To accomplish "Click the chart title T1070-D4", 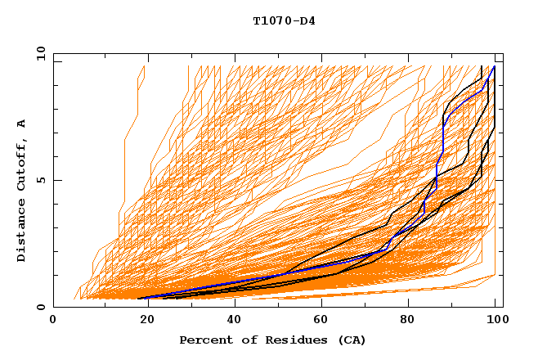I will [284, 20].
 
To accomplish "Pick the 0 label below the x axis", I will [54, 321].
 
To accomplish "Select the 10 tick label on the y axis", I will [38, 54].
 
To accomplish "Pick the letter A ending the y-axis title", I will [21, 123].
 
